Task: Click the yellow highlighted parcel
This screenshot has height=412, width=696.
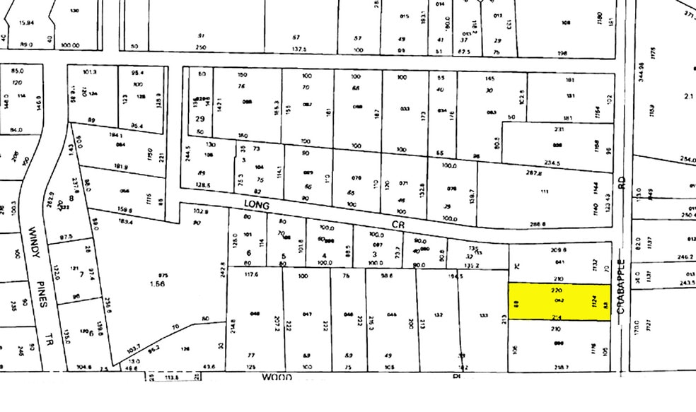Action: [x=559, y=302]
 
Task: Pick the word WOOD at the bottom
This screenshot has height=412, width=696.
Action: [x=277, y=378]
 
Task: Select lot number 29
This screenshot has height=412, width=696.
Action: [x=200, y=119]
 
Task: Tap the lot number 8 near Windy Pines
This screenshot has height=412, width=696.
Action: [x=71, y=179]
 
